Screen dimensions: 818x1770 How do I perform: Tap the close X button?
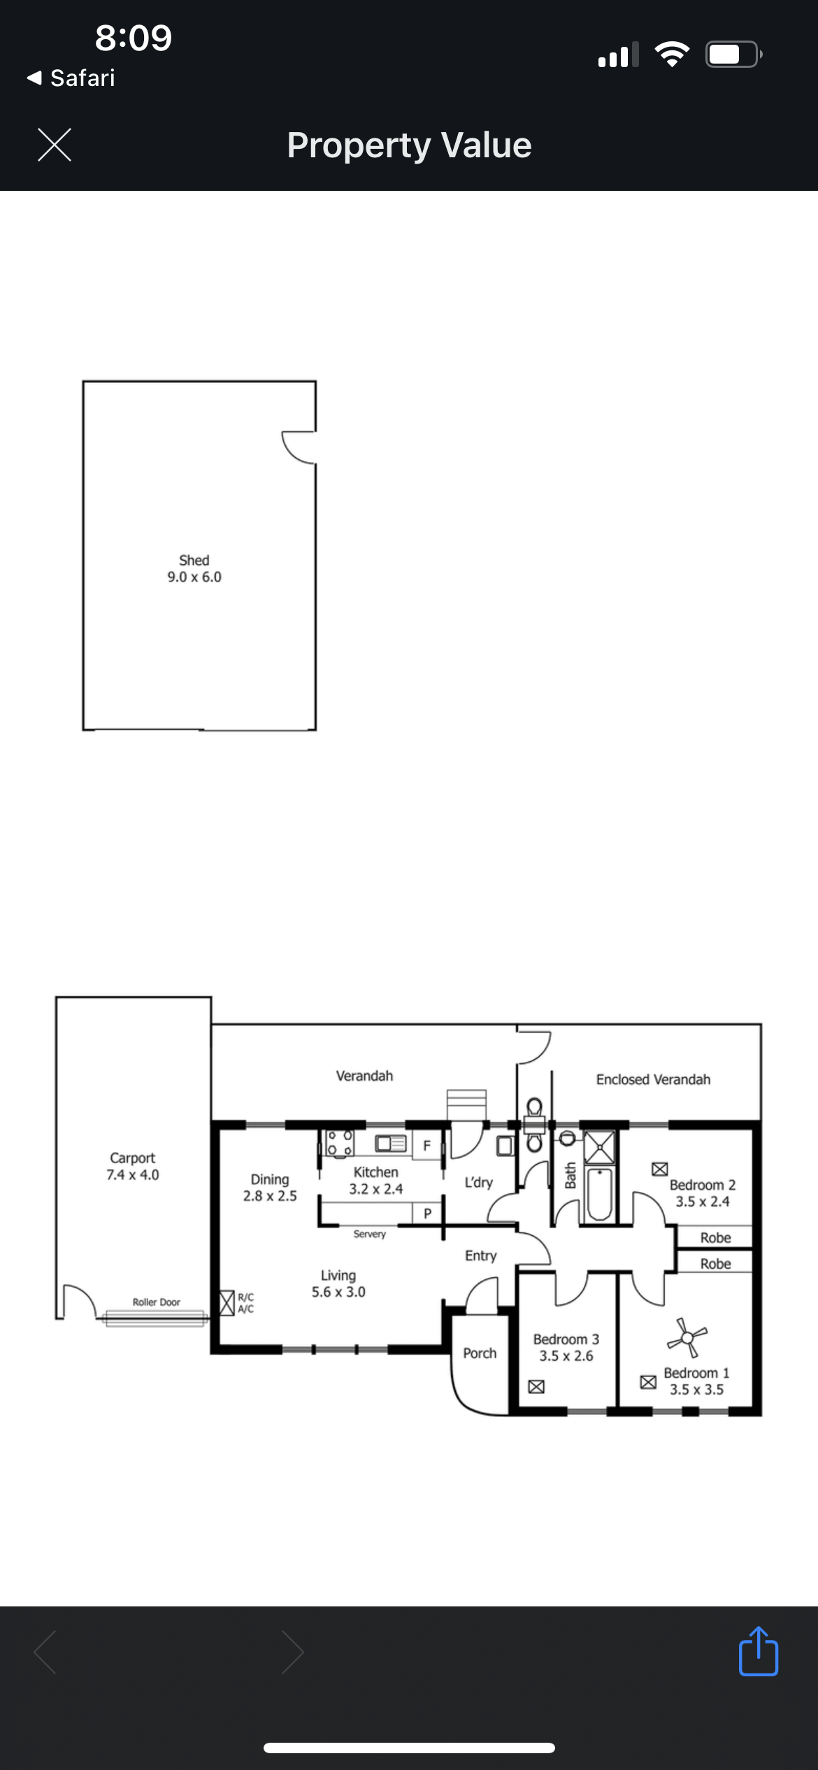coord(55,145)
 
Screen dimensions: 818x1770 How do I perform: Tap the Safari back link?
coord(71,78)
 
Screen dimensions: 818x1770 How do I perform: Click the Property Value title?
coord(409,145)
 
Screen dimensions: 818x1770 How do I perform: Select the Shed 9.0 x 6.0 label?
coord(194,568)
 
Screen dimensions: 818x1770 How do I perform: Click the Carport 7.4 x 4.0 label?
coord(133,1166)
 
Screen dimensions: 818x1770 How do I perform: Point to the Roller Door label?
coord(157,1302)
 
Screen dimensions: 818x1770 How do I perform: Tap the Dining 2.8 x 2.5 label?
coord(270,1187)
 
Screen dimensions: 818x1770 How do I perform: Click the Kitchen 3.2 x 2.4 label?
coord(376,1180)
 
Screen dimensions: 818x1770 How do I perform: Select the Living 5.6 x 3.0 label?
coord(338,1283)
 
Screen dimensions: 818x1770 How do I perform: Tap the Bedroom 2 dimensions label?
coord(703,1201)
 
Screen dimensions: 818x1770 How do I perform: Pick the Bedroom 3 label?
coord(566,1339)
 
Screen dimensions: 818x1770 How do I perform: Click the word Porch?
coord(480,1353)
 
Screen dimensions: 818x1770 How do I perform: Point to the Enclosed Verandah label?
coord(653,1079)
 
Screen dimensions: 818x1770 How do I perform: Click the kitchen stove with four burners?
coord(340,1143)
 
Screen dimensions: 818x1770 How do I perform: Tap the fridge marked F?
coord(426,1145)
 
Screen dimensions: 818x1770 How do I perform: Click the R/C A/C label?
coord(245,1303)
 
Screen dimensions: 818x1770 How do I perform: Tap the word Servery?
coord(369,1234)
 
